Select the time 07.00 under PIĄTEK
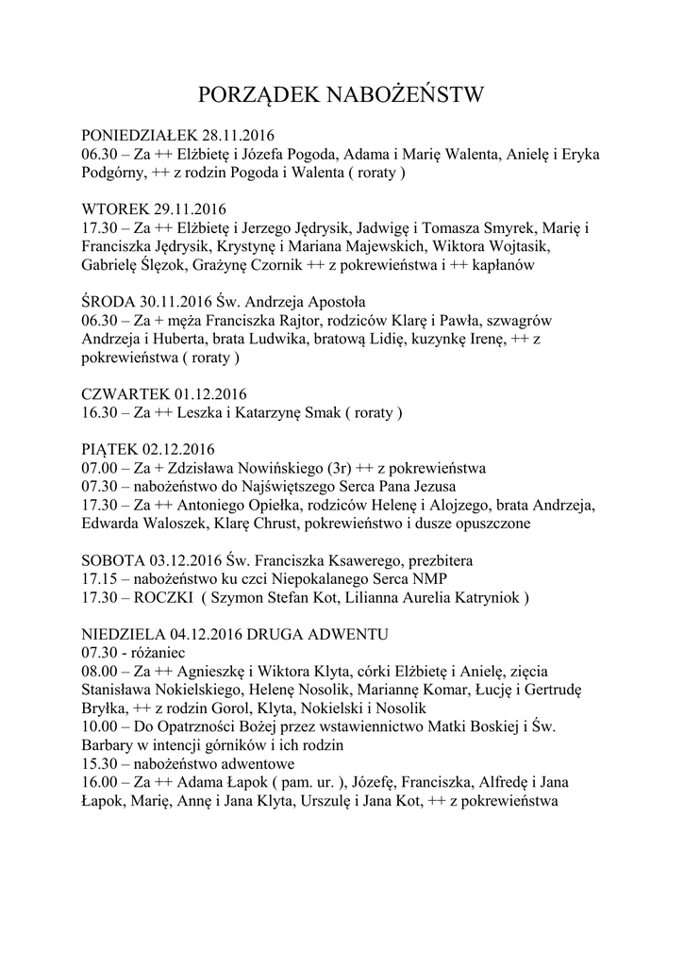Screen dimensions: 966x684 tap(99, 467)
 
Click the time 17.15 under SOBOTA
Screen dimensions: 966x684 tap(99, 577)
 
